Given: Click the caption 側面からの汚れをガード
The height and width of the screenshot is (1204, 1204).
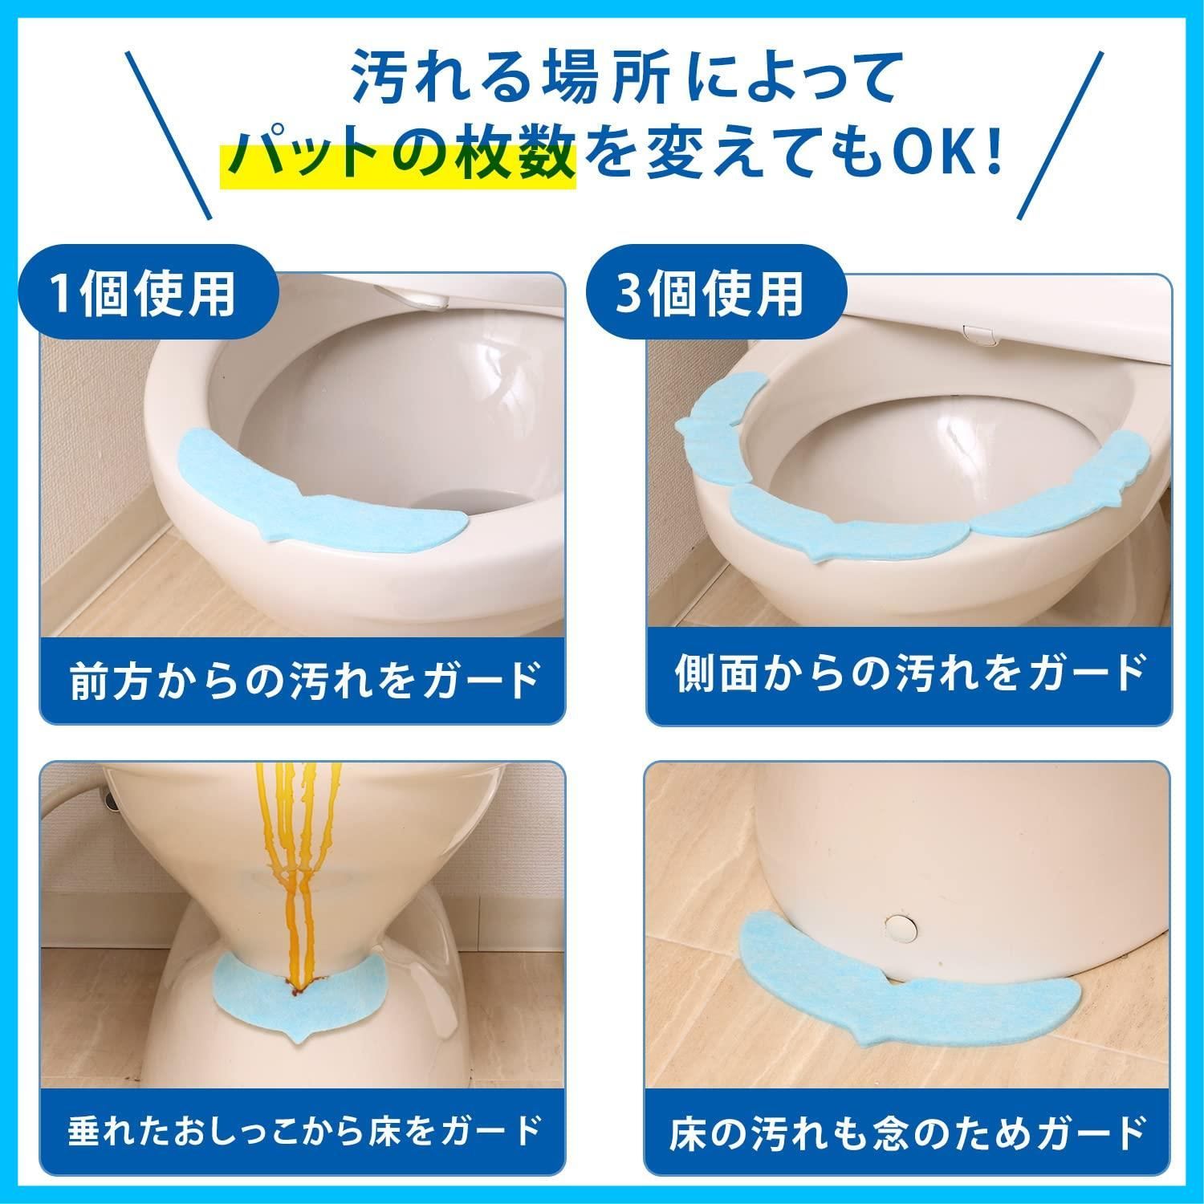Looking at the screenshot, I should (x=909, y=673).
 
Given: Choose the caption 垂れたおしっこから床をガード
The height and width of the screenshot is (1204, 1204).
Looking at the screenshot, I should (x=303, y=1129).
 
